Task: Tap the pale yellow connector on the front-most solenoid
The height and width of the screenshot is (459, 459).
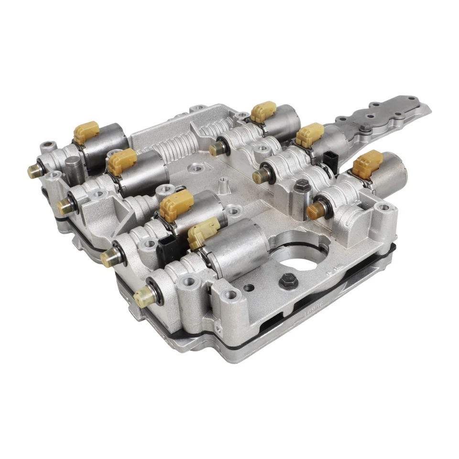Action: click(203, 232)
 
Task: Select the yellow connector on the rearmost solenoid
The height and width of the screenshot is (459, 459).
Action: click(263, 111)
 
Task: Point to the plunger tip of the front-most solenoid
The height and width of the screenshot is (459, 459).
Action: click(142, 298)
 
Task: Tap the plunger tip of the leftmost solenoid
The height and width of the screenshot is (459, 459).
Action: click(34, 171)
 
